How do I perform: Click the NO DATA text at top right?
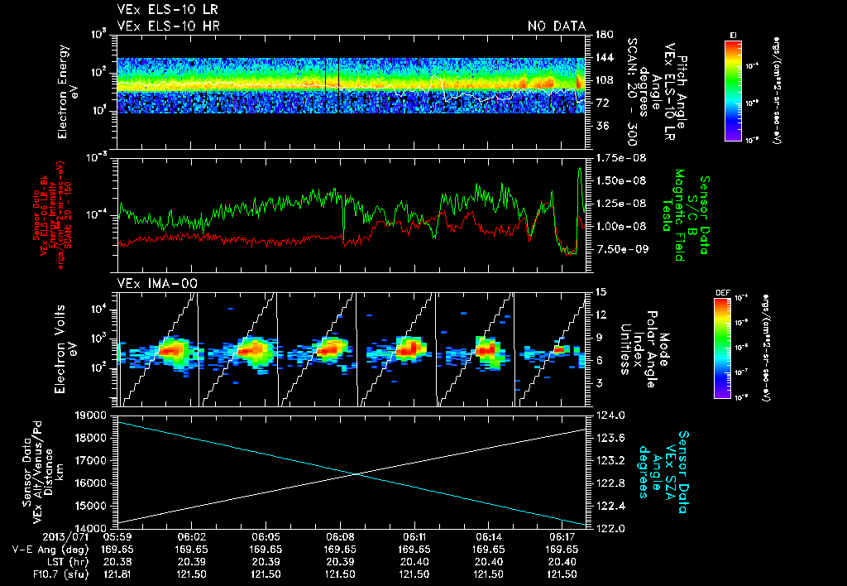click(557, 26)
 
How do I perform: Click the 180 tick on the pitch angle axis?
click(602, 34)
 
